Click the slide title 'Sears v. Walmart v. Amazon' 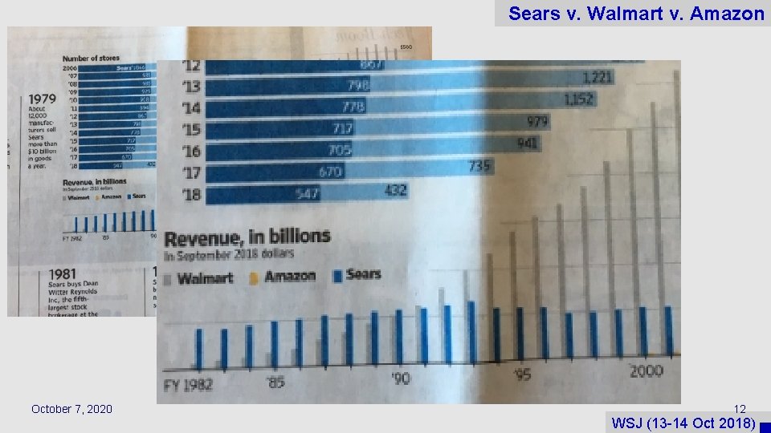(x=636, y=14)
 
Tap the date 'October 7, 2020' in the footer (x=71, y=410)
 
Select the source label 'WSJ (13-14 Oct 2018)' (x=682, y=423)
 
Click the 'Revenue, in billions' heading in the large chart (x=247, y=237)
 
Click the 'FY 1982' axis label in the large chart (x=188, y=384)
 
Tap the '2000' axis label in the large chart (x=646, y=370)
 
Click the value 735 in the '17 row (x=480, y=166)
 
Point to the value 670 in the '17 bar (x=329, y=172)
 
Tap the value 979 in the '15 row (x=537, y=122)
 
